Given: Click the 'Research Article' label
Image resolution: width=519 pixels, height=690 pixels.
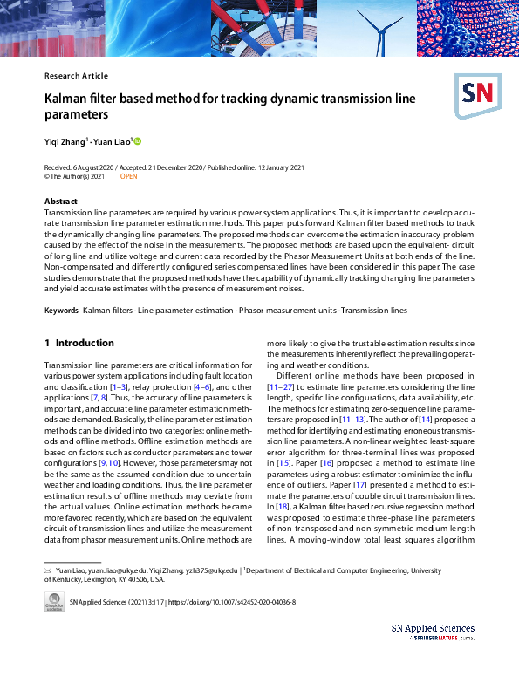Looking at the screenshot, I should [76, 76].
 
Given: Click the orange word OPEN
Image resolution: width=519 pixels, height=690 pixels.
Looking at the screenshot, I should [128, 176].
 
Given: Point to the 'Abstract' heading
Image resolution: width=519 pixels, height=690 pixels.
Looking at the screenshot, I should [61, 202].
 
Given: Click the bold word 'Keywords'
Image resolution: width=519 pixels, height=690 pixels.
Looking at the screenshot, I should [61, 311].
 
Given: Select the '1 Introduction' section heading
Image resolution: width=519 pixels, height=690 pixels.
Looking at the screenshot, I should [79, 343].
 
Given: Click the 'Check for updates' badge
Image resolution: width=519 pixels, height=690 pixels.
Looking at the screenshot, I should [53, 602].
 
